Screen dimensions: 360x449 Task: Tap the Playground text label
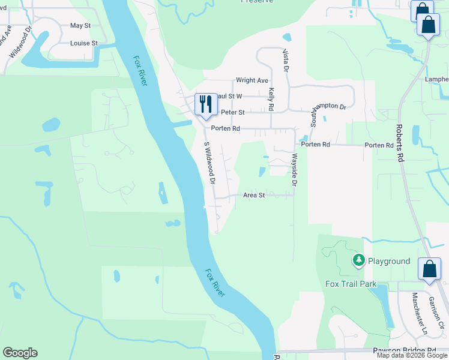tap(388, 261)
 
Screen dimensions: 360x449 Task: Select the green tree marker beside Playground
tap(358, 260)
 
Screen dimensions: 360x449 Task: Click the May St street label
tap(80, 26)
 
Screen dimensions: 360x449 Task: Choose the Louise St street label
tap(84, 44)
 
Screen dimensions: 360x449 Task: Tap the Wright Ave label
tap(252, 80)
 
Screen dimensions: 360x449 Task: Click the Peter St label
tap(233, 112)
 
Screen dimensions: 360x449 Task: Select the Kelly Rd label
tap(271, 99)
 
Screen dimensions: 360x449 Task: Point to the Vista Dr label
tap(286, 61)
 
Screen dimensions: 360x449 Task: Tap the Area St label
tap(254, 195)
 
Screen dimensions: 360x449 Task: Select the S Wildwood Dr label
tap(209, 163)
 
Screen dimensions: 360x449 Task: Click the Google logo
tap(20, 353)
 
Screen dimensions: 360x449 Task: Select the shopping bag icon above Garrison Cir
tap(430, 269)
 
